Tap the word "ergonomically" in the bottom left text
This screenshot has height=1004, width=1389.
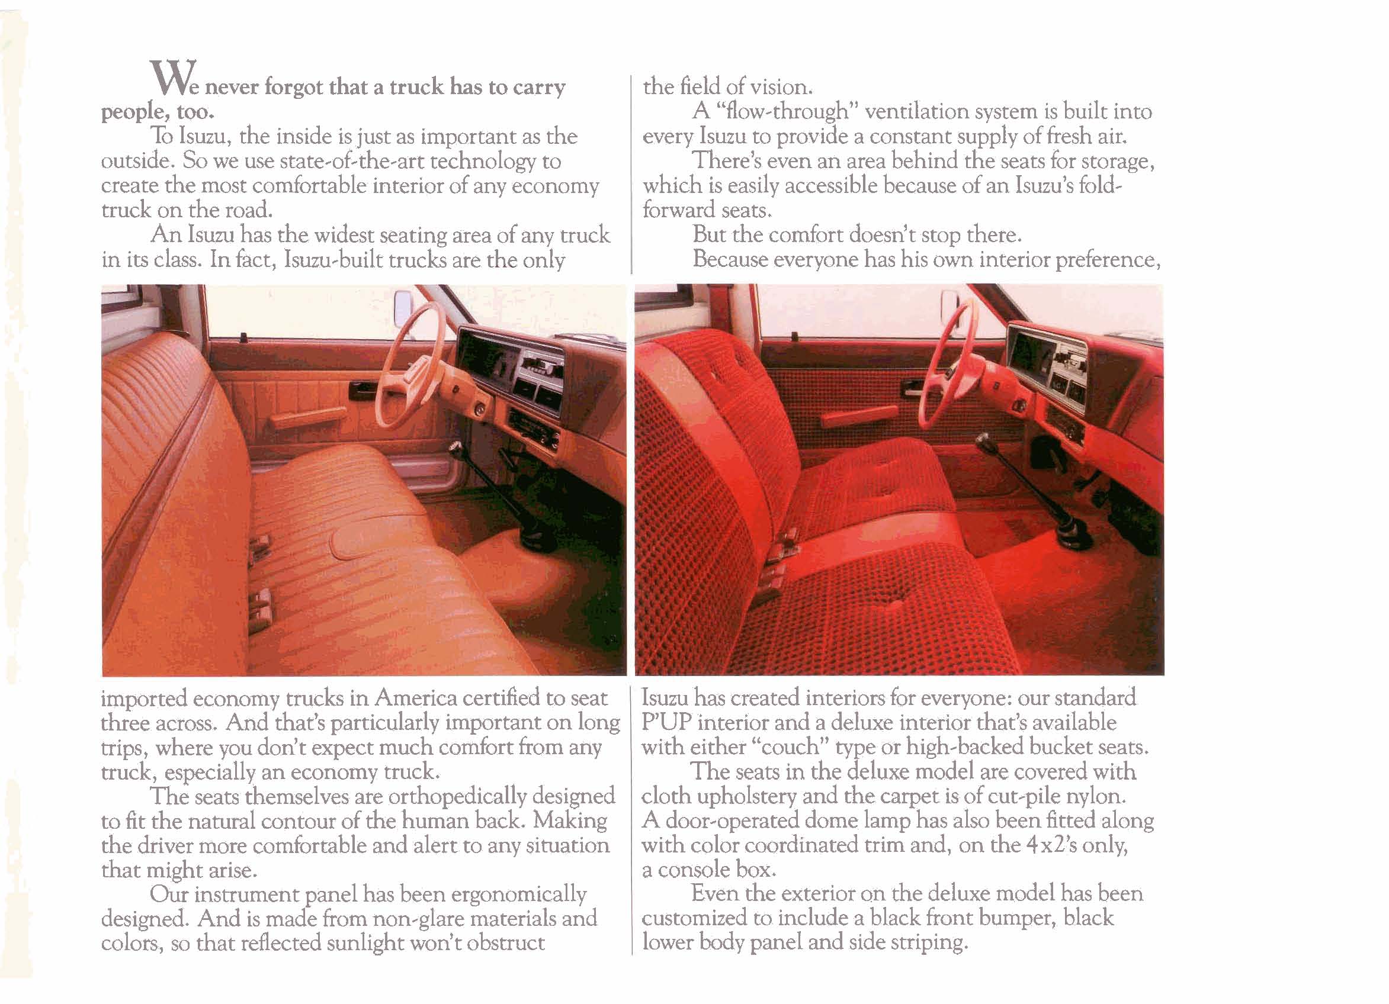(518, 894)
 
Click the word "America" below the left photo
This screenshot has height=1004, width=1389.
(416, 698)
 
